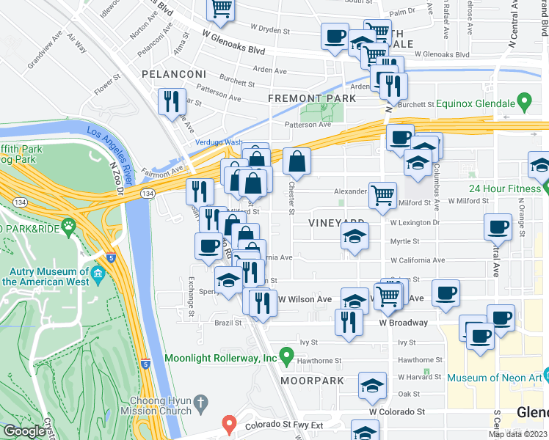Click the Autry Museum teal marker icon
coord(98,276)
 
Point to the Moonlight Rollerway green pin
coord(288,359)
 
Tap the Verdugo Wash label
coord(218,142)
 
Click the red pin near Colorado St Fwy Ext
coord(229,424)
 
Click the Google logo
coord(24,431)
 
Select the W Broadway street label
coord(403,323)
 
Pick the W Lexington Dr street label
coord(415,222)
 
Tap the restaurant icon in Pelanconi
coord(172,102)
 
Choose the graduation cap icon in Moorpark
coord(372,385)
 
